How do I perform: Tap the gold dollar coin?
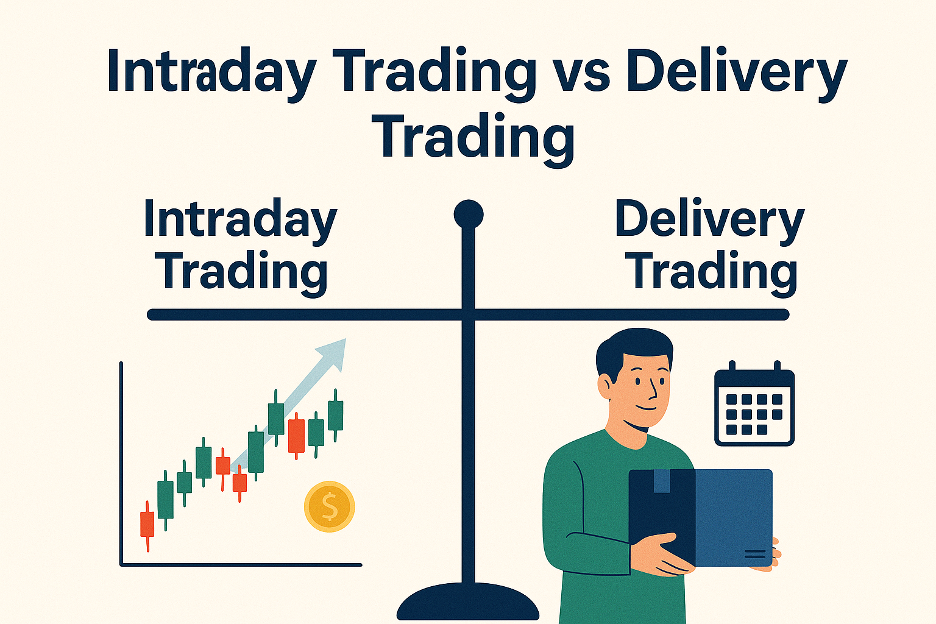[x=329, y=506]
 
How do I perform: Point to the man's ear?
[x=606, y=386]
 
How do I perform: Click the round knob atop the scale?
[x=469, y=214]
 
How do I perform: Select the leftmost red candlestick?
[x=147, y=524]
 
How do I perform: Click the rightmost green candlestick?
[x=335, y=415]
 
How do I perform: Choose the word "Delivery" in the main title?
[x=736, y=73]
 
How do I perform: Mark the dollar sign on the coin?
[x=329, y=506]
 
